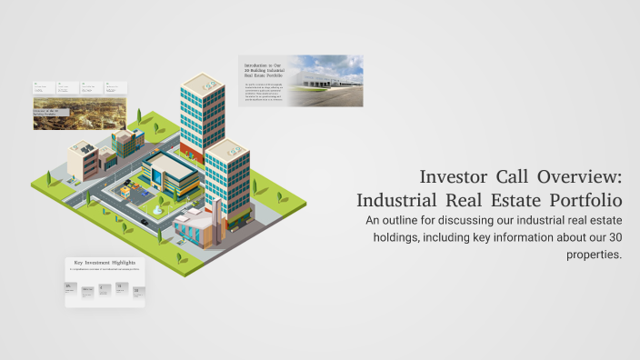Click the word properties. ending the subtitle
tap(595, 255)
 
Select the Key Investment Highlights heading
tap(105, 262)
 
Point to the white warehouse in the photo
tap(326, 83)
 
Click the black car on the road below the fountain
tap(145, 222)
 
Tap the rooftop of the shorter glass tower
tap(227, 148)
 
